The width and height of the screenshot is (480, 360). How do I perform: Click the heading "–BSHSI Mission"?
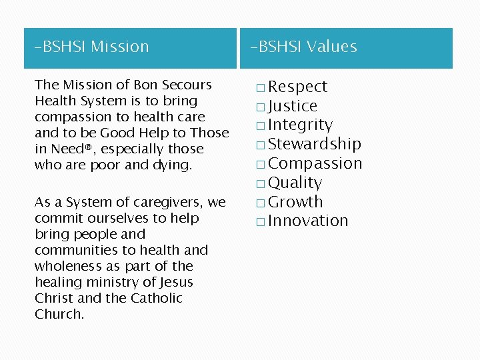(x=92, y=47)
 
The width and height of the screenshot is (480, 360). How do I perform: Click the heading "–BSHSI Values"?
(x=304, y=47)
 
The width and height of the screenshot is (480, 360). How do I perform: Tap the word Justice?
(x=293, y=106)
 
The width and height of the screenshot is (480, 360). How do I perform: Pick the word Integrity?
(x=300, y=125)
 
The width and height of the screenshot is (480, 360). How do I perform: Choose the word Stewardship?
(x=315, y=144)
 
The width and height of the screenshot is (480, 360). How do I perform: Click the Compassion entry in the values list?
(x=315, y=163)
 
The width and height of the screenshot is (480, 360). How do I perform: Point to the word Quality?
(x=295, y=183)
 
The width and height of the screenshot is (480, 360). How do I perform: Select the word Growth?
(x=295, y=202)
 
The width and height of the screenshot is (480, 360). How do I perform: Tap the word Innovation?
(x=308, y=221)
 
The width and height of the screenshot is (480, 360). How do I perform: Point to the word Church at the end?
(x=59, y=314)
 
